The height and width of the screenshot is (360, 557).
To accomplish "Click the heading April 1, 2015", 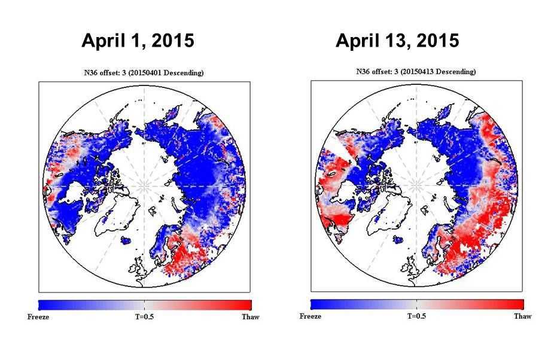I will click(138, 41).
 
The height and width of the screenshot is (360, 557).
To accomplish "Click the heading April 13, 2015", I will click(397, 41).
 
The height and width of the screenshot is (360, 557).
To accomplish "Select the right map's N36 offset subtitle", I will click(416, 72).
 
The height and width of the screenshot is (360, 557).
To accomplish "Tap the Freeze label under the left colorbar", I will click(38, 317).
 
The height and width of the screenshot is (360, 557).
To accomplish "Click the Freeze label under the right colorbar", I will click(310, 316).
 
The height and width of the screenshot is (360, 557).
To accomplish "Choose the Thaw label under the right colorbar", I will click(522, 316).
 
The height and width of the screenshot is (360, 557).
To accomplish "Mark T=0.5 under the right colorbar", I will click(418, 316).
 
